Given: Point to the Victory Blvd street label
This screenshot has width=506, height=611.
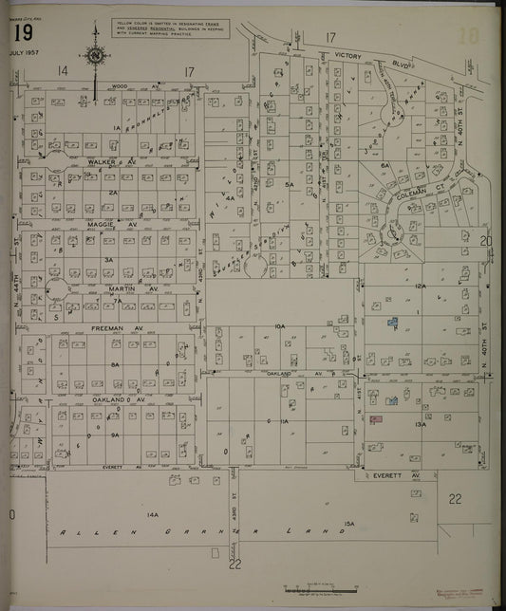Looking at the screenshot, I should click(348, 56).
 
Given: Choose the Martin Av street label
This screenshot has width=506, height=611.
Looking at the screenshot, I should click(119, 287).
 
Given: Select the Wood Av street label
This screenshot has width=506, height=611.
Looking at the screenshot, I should click(119, 85).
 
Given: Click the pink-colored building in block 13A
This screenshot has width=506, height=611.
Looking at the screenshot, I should click(375, 418).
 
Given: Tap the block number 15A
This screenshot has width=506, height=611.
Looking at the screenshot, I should click(348, 523).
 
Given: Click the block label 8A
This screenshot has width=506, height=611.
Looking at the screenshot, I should click(114, 364).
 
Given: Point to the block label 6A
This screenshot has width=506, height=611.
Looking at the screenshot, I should click(385, 165).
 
